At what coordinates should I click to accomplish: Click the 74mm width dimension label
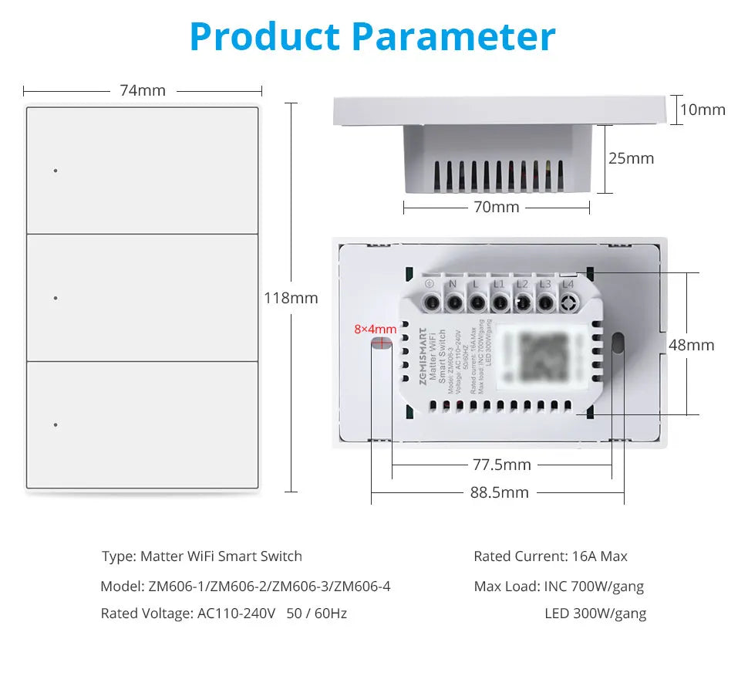tap(143, 91)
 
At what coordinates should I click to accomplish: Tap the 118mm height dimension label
tap(291, 298)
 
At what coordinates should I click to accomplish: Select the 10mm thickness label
tap(703, 110)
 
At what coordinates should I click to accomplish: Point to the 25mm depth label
tap(631, 158)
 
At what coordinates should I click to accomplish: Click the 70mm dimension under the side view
tap(496, 207)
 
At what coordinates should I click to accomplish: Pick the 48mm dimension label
tap(691, 345)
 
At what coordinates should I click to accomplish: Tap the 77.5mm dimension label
tap(501, 465)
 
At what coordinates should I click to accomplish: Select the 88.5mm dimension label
tap(500, 492)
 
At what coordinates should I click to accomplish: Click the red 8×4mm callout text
tap(375, 329)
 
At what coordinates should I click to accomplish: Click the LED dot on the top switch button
tap(56, 170)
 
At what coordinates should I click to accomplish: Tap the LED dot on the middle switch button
tap(56, 297)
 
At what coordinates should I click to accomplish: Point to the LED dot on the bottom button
tap(56, 424)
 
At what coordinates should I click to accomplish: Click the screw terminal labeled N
tap(453, 300)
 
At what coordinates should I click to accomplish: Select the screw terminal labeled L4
tap(568, 300)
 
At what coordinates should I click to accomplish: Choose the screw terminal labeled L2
tap(522, 300)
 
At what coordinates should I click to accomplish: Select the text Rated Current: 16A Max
tap(551, 556)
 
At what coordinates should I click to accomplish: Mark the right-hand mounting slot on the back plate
tap(618, 343)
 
